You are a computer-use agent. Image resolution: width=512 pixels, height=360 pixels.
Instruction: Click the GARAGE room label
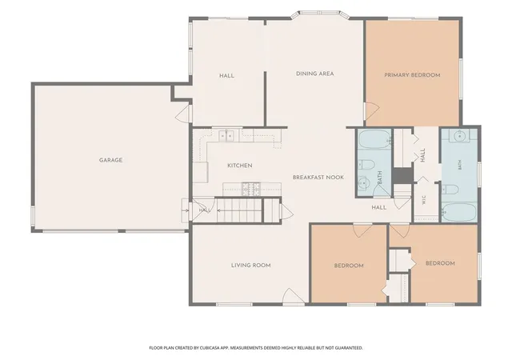[110, 160]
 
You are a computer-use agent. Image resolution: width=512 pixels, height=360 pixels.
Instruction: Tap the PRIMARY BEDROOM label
[412, 75]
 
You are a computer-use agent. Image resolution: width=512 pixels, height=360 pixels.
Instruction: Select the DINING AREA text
[314, 74]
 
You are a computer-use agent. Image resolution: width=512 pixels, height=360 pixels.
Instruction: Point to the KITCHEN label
[240, 166]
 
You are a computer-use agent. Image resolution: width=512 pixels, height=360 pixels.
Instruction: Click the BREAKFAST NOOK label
[318, 178]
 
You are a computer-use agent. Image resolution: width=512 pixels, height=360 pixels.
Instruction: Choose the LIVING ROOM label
[250, 266]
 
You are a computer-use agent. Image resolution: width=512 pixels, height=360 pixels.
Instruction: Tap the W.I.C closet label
[424, 200]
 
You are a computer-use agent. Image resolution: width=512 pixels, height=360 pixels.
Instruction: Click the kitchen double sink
[226, 135]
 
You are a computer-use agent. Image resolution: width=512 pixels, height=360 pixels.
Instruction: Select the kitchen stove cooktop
[250, 189]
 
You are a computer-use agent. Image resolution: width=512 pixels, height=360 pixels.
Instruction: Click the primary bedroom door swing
[371, 110]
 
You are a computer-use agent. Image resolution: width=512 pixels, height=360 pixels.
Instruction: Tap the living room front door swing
[294, 297]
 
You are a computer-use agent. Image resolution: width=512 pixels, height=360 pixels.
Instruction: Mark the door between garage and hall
[183, 114]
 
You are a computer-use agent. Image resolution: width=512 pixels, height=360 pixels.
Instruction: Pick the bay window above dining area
[319, 14]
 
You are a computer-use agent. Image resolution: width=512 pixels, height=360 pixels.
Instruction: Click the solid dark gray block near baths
[402, 176]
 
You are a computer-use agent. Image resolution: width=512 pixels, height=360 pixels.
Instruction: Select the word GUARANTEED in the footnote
[350, 348]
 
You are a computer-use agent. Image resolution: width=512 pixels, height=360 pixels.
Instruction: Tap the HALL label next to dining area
[226, 76]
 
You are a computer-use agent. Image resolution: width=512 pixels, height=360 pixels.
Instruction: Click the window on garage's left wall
[33, 216]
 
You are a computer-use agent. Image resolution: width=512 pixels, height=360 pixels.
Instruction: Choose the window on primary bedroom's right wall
[461, 78]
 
